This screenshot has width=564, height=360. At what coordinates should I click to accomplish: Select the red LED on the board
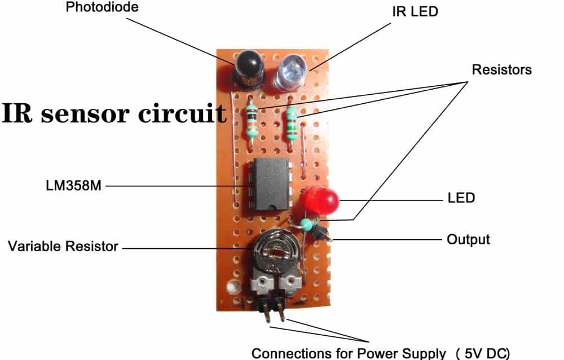coord(319,200)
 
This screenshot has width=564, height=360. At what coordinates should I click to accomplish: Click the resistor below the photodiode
coord(252,122)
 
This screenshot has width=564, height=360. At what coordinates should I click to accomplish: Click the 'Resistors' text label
coord(501,70)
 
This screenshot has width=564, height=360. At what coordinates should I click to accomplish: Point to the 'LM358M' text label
coord(73,185)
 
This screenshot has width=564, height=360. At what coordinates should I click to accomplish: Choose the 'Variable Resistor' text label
coord(63,247)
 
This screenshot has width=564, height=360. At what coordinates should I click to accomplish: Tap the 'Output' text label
coord(468,239)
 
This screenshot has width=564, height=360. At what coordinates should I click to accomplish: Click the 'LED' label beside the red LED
coord(461,199)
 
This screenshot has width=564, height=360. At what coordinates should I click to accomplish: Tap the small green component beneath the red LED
coord(306,225)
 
